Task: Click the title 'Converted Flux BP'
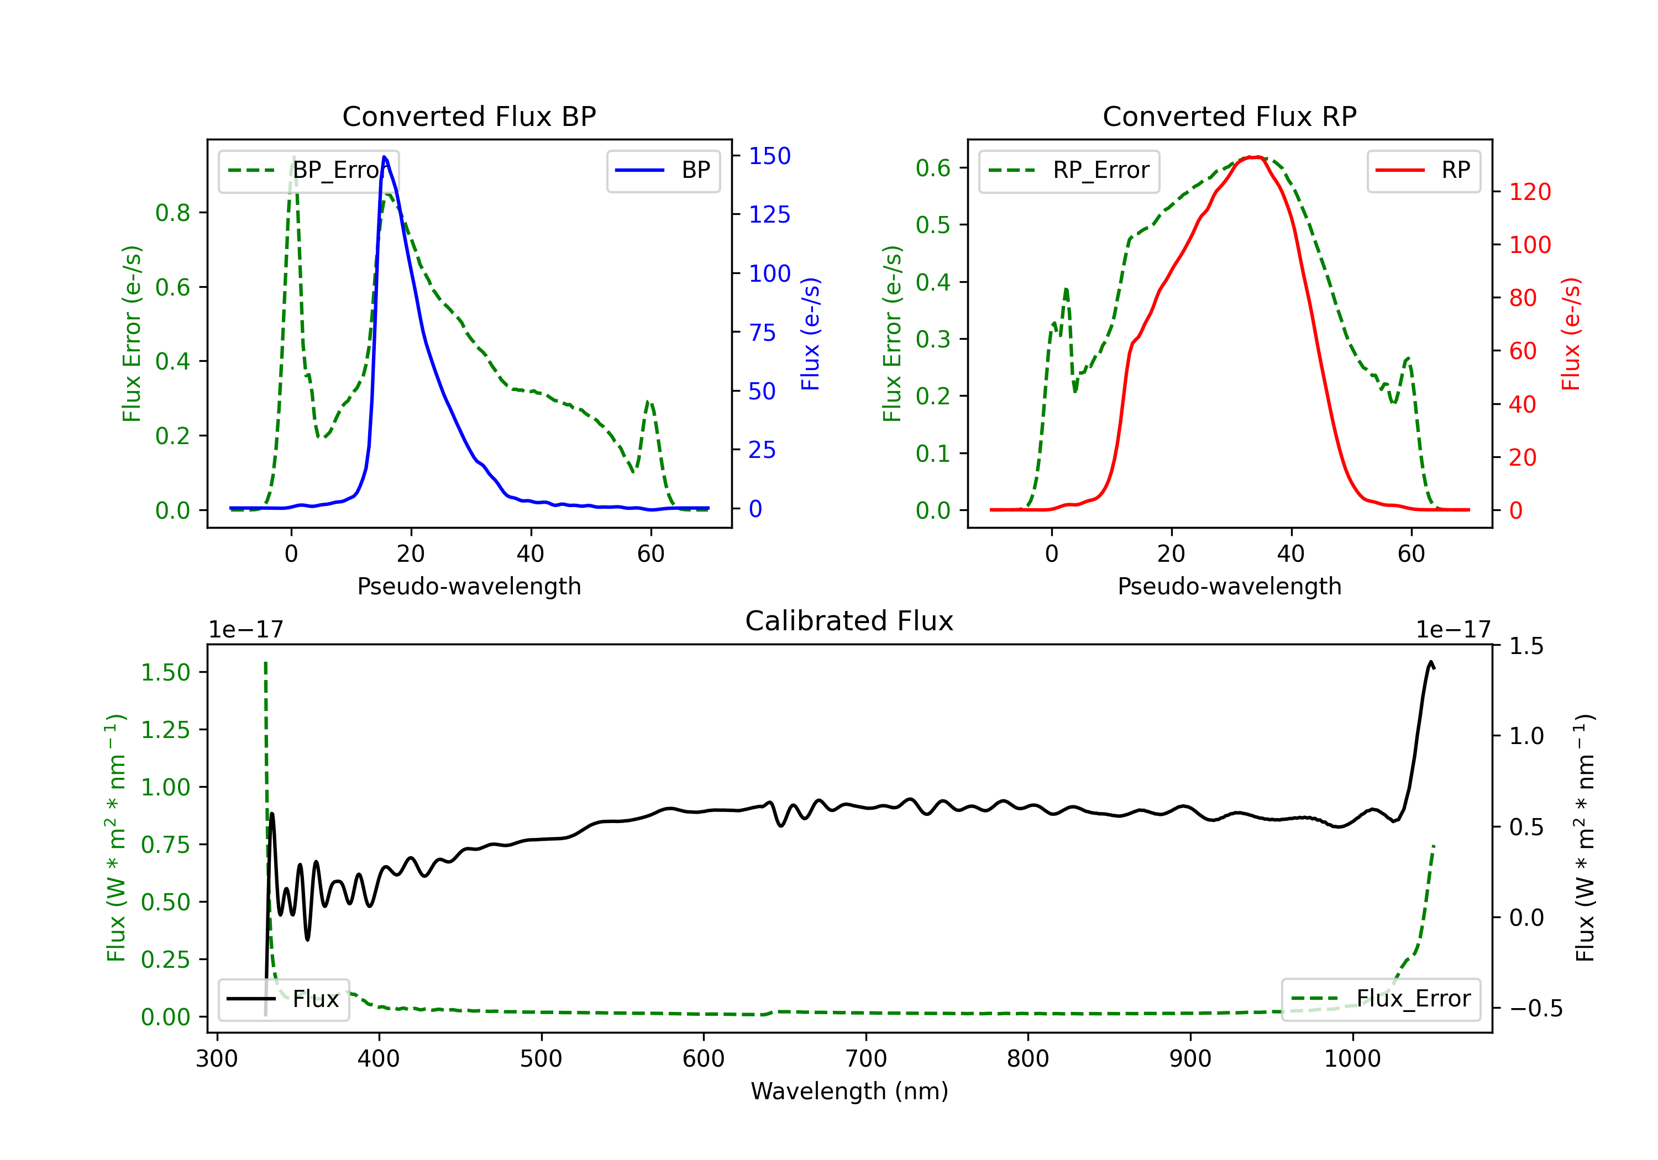(x=469, y=116)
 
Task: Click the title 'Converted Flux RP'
(x=1229, y=116)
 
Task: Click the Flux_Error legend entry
(x=1381, y=999)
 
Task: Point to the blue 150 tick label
(x=769, y=156)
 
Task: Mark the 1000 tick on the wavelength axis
(x=1352, y=1059)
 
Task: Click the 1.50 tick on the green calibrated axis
(x=165, y=673)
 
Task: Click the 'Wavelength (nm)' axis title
(x=849, y=1092)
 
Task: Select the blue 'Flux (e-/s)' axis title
(x=810, y=334)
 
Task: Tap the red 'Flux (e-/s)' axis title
(x=1571, y=334)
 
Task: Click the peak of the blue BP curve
(x=384, y=157)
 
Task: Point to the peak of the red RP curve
(x=1255, y=157)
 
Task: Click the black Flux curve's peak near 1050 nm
(x=1430, y=662)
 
